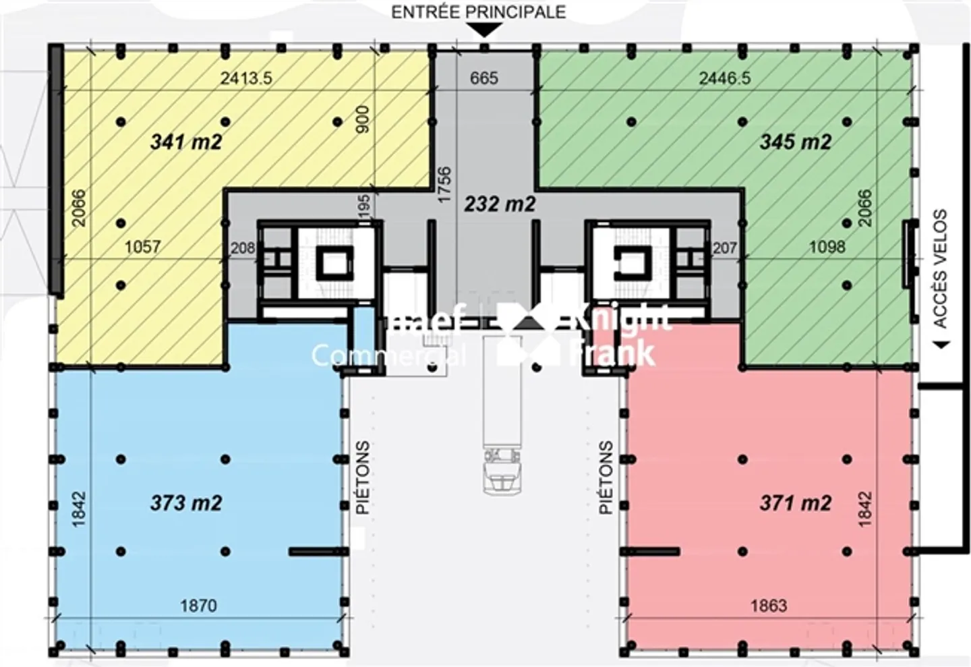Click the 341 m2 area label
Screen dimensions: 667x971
point(186,142)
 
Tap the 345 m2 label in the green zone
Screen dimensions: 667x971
point(795,142)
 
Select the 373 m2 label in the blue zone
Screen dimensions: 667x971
point(186,503)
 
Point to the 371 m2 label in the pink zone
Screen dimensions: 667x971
point(795,503)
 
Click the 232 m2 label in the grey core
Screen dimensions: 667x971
point(500,204)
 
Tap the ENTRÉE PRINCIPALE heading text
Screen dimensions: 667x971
point(479,11)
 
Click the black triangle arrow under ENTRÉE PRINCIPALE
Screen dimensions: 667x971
point(485,30)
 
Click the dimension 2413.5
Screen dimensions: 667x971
point(246,78)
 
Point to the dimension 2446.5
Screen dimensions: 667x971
point(724,78)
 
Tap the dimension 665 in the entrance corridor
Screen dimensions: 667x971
point(484,78)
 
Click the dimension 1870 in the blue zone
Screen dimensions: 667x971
point(198,605)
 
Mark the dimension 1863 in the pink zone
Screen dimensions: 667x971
point(769,605)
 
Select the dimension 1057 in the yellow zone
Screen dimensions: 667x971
point(142,247)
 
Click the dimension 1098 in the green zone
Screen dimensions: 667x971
point(827,247)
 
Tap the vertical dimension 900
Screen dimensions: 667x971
point(362,119)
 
